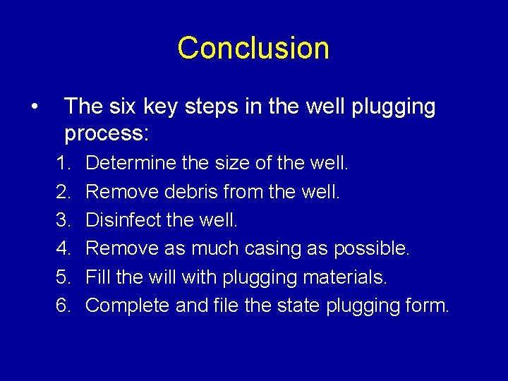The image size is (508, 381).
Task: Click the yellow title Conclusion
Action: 253,48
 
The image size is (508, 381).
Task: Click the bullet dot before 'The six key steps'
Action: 34,107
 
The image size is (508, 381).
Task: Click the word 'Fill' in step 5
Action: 97,277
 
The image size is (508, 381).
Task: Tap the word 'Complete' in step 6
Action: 124,306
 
